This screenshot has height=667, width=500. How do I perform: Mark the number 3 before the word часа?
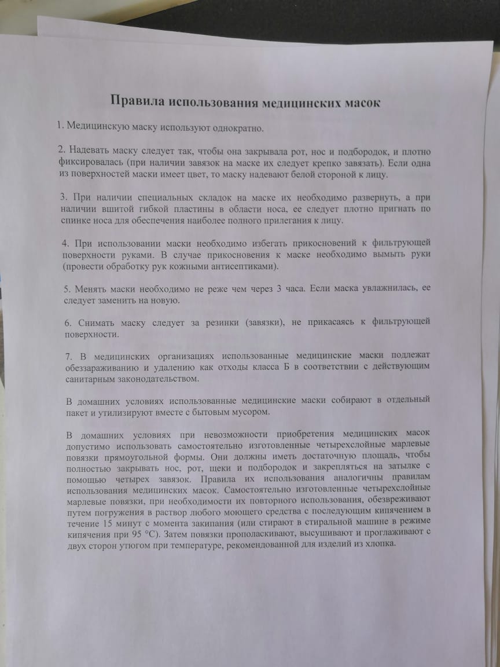[x=280, y=289]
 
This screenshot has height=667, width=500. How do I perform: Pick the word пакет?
[x=76, y=412]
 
